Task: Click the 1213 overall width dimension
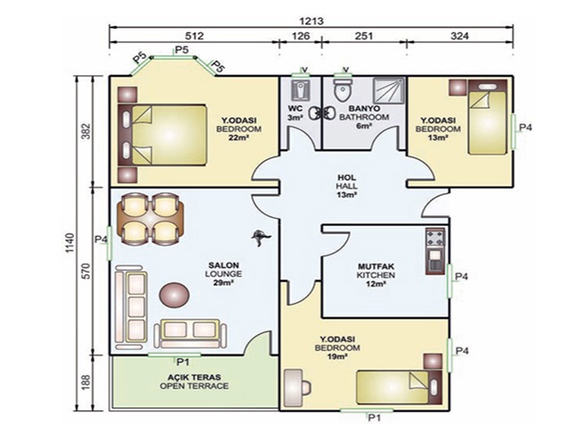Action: [x=311, y=21]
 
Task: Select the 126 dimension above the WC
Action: [x=302, y=36]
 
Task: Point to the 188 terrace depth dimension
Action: [x=86, y=383]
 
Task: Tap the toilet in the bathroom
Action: [x=343, y=90]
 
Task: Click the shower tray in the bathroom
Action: [x=389, y=90]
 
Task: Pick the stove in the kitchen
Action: [x=435, y=238]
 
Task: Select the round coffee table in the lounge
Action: [x=175, y=295]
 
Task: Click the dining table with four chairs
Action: [x=150, y=219]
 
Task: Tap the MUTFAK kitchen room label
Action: [x=376, y=266]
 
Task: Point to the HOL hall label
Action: [x=347, y=178]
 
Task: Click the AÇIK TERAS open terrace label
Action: [x=194, y=377]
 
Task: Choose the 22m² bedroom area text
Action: [x=238, y=138]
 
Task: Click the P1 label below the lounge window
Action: [x=183, y=362]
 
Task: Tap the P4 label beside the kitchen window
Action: [x=461, y=276]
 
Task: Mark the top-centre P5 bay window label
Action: [x=182, y=50]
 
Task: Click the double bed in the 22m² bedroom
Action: [x=162, y=135]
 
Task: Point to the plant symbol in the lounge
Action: [x=261, y=238]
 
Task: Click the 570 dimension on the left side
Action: [x=86, y=271]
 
